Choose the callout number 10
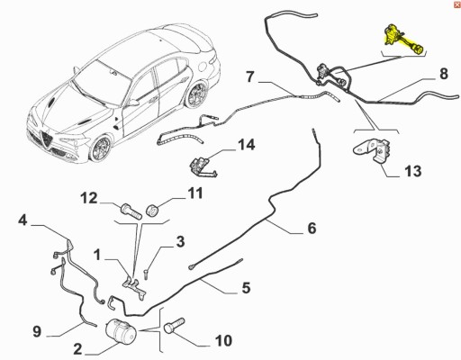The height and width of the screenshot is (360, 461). tap(223, 340)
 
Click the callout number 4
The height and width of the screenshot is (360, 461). tap(23, 219)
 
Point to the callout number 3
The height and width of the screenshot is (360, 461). tap(180, 240)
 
